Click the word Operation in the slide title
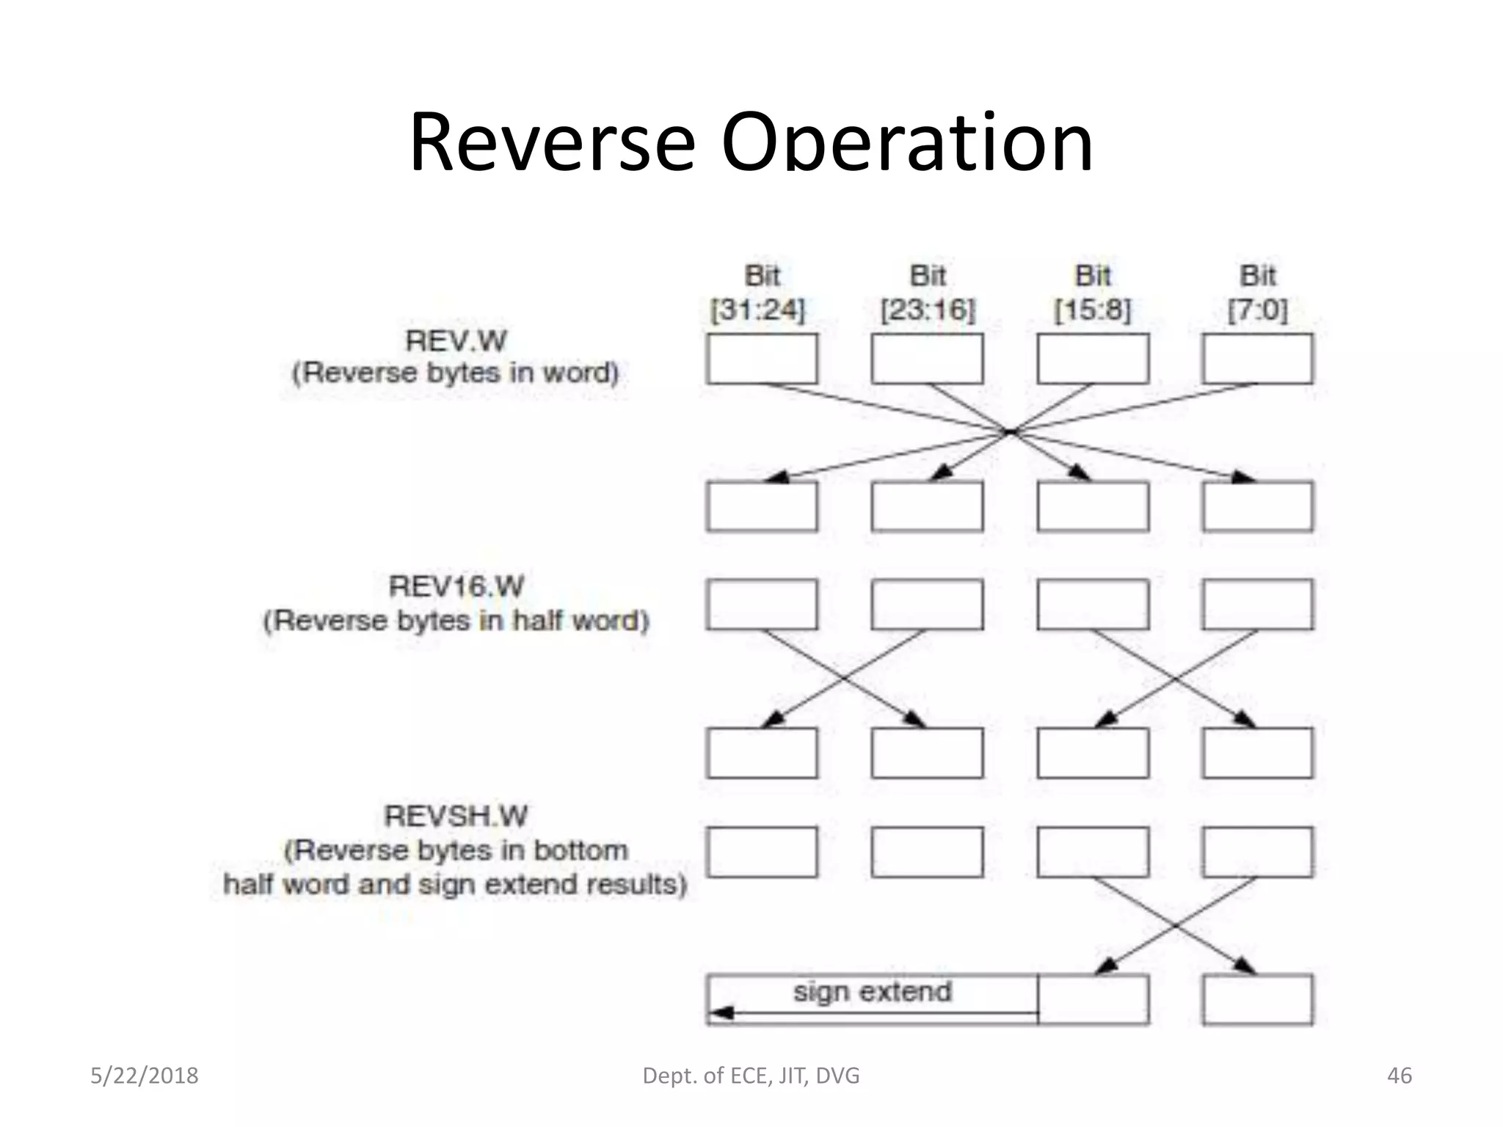point(907,143)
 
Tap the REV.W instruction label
point(456,341)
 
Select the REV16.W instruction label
point(456,587)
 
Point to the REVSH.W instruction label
point(456,817)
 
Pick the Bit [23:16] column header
point(928,293)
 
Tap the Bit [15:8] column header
point(1093,293)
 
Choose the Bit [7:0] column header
point(1258,293)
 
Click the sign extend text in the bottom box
point(872,992)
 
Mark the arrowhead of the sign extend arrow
point(721,1013)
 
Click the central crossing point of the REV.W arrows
point(1011,432)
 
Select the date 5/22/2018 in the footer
point(145,1076)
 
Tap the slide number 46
point(1400,1076)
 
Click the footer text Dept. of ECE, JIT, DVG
point(751,1076)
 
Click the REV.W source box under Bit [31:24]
point(762,359)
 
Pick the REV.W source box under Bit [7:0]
point(1258,359)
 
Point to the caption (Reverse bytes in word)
point(456,373)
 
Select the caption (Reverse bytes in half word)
point(456,621)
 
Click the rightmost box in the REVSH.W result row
point(1258,999)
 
